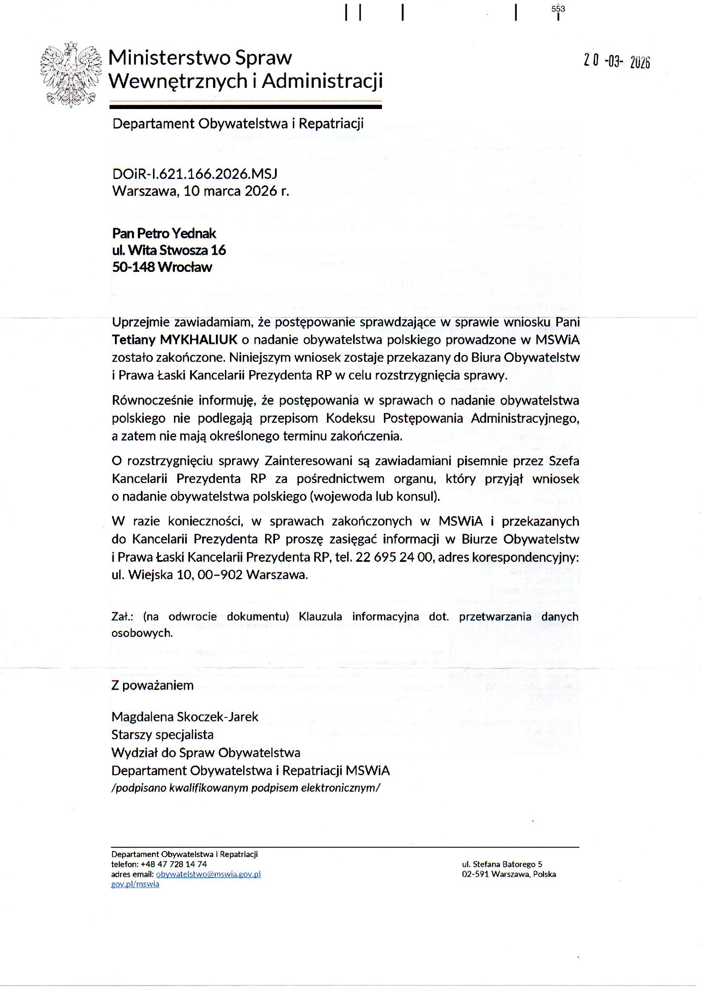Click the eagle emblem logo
[x=71, y=75]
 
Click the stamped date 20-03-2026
[x=616, y=61]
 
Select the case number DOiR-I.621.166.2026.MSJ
[x=194, y=173]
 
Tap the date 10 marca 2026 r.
[x=236, y=191]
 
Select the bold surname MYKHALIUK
[x=199, y=339]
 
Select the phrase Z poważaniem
[x=152, y=685]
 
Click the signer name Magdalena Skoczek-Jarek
[x=185, y=717]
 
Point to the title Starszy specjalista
[x=162, y=734]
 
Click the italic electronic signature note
[x=245, y=787]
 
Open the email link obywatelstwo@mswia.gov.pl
[x=208, y=874]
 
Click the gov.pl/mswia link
[x=135, y=884]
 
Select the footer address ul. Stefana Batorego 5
[x=502, y=865]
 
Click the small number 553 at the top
[x=558, y=8]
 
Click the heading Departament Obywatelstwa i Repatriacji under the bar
[x=238, y=123]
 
